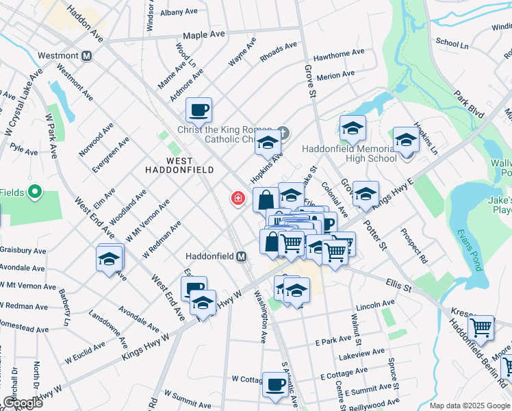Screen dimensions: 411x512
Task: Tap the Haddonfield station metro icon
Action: point(241,257)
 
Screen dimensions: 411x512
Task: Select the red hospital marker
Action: point(238,199)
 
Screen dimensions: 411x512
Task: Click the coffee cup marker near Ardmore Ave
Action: point(199,110)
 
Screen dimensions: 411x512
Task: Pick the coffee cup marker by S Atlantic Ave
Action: point(275,384)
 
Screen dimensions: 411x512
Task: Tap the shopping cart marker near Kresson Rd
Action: point(481,327)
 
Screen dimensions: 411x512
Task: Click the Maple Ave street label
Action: point(203,34)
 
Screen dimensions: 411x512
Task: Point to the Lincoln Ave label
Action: point(375,303)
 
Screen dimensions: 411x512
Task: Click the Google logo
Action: point(23,403)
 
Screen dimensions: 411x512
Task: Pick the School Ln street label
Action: point(452,43)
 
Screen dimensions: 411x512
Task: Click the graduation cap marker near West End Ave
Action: point(110,258)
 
